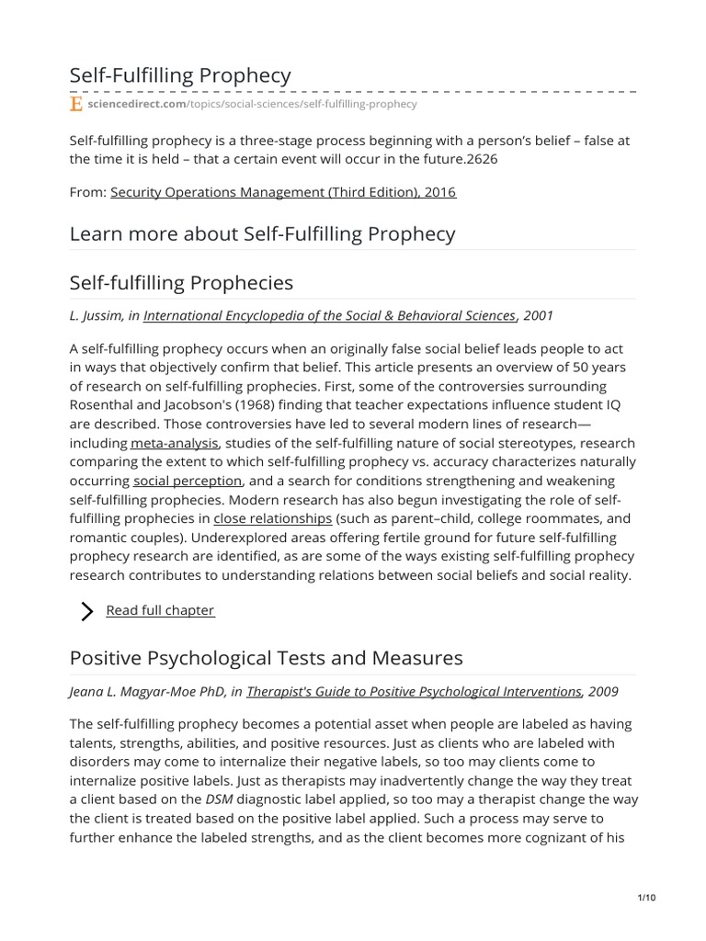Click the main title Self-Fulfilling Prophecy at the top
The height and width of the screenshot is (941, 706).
[x=180, y=75]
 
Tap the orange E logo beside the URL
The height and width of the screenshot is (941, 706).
[x=76, y=105]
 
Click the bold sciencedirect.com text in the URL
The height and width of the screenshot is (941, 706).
[x=137, y=105]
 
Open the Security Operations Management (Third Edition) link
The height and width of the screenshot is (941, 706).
[x=283, y=192]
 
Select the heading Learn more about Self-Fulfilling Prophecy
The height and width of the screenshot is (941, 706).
[x=262, y=233]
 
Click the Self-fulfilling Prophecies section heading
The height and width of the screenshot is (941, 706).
[x=181, y=282]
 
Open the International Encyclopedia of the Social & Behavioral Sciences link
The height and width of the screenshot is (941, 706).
[x=329, y=315]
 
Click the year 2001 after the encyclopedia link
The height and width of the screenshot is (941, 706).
[x=538, y=315]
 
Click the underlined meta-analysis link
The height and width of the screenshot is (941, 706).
[x=175, y=443]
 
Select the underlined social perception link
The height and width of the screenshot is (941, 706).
[x=188, y=481]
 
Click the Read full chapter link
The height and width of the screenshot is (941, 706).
[x=160, y=610]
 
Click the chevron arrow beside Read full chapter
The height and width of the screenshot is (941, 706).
[x=87, y=611]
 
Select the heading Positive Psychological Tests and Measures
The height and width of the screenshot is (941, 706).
[x=266, y=658]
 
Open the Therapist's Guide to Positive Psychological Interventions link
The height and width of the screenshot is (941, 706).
[x=414, y=691]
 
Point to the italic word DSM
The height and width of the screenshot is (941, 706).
[x=219, y=799]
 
